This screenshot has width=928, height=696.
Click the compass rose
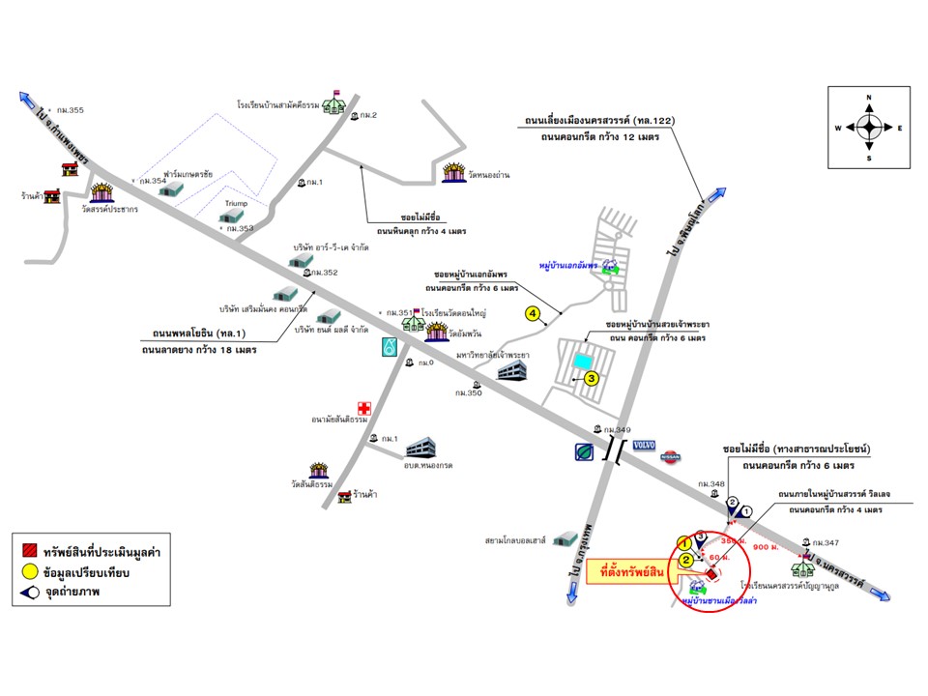coord(868,127)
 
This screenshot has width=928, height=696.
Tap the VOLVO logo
coord(644,446)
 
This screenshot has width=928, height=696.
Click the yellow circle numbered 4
coord(532,312)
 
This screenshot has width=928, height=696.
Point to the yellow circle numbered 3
coord(592,379)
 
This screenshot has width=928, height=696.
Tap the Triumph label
coord(237,205)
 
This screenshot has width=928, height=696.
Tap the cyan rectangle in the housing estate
coord(580,361)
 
